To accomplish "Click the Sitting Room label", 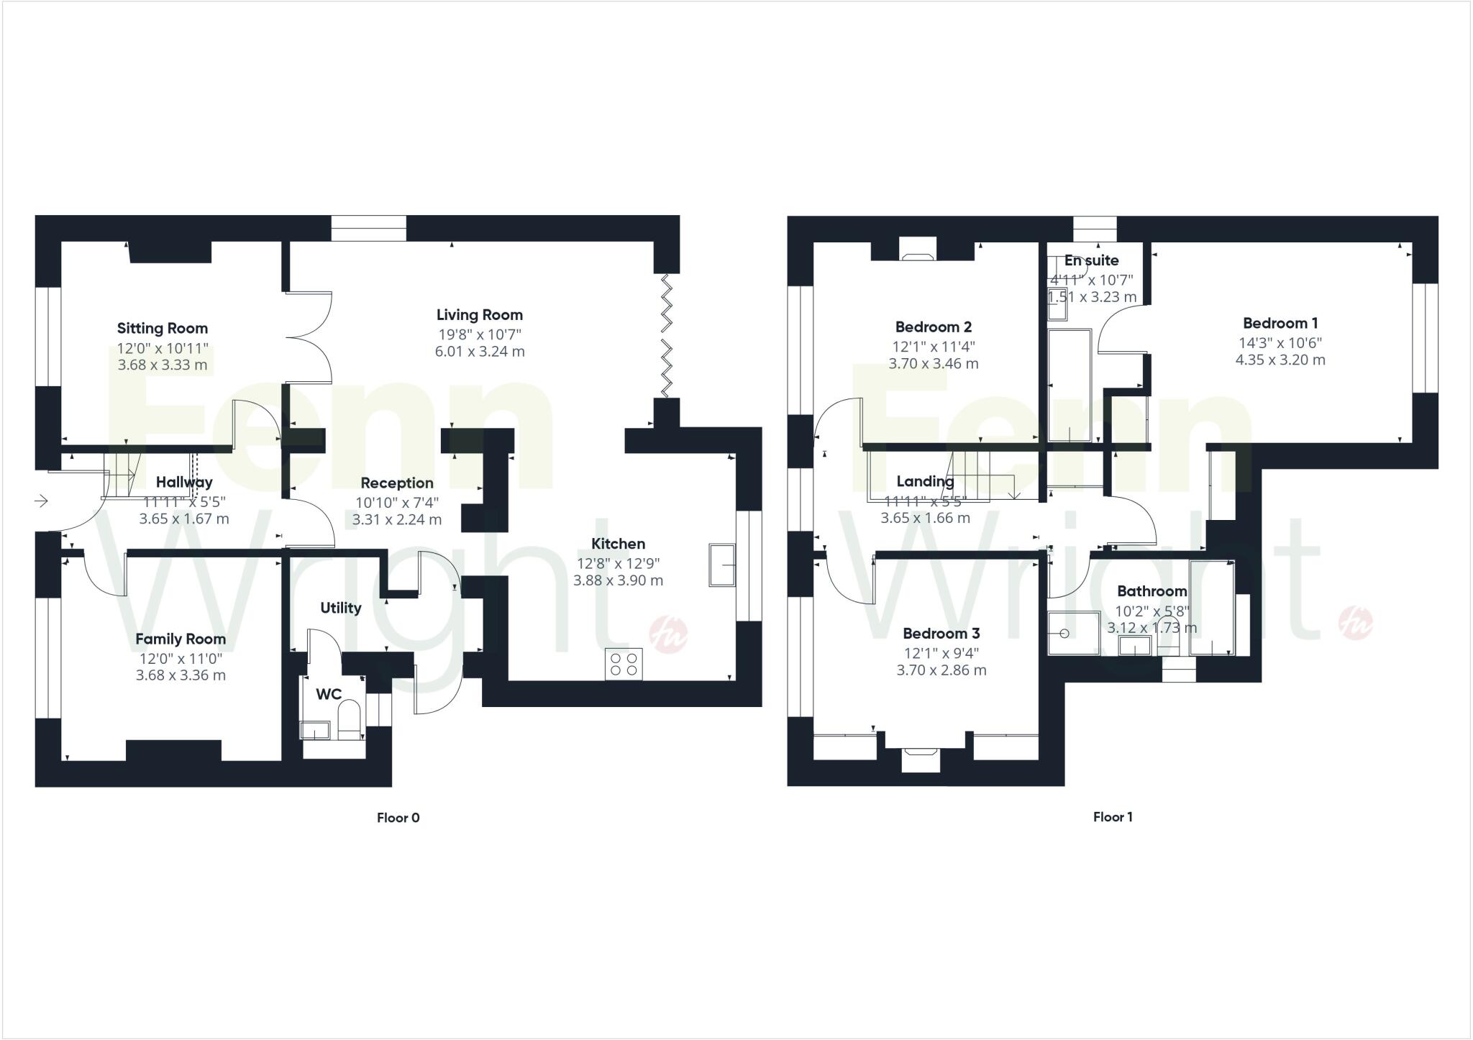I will [x=163, y=329].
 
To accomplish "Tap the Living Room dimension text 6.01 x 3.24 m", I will [x=480, y=352].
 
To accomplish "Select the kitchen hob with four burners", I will [x=624, y=664].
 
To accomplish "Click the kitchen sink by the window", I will [x=721, y=565].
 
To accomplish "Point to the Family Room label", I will [x=181, y=639].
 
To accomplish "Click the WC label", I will [x=329, y=694].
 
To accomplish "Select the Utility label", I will [x=341, y=608].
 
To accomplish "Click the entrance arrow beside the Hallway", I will [x=41, y=501].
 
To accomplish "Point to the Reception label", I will [x=397, y=483].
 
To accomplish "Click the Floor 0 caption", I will [x=398, y=818].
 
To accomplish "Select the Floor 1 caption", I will [x=1113, y=817].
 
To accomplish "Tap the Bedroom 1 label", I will [x=1280, y=324].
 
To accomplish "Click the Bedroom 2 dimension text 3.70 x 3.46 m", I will [x=934, y=364].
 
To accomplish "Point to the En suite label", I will [x=1091, y=260].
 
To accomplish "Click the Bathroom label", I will [x=1152, y=591].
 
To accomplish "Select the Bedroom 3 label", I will [x=941, y=634].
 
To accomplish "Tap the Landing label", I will [x=925, y=481].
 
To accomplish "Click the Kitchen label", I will [x=618, y=544].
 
